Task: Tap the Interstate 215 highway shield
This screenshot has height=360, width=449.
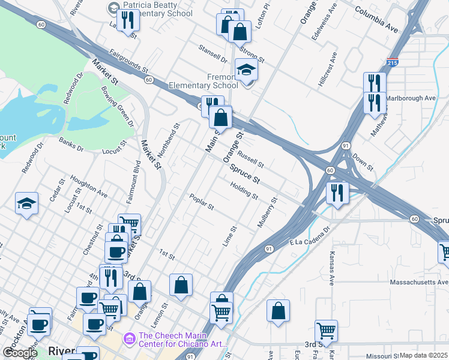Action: click(x=392, y=62)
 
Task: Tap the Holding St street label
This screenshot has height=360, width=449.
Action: click(x=244, y=192)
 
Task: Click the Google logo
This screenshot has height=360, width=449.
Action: click(x=20, y=353)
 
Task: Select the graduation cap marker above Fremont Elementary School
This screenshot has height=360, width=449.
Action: click(x=246, y=70)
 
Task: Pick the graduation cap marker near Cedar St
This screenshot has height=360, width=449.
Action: click(x=27, y=204)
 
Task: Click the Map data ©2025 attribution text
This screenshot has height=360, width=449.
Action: click(x=423, y=355)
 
